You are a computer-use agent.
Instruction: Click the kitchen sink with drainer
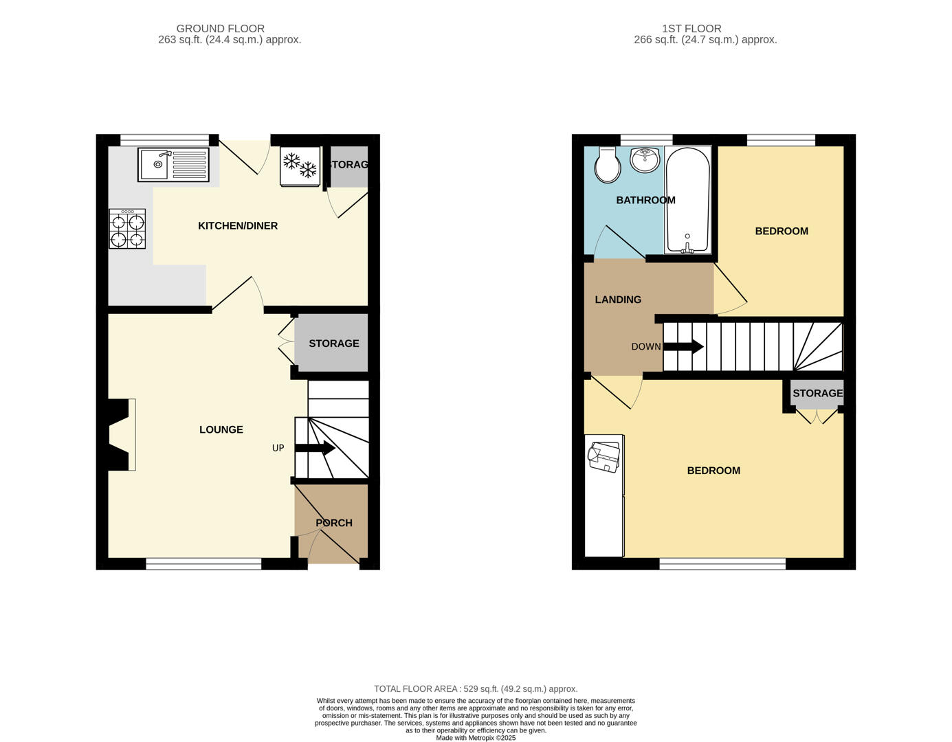tap(173, 165)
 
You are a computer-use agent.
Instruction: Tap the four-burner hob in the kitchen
tap(127, 229)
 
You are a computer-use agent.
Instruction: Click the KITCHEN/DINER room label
tap(238, 226)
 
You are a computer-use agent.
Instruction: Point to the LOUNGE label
tap(221, 430)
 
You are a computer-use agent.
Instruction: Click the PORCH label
tap(334, 524)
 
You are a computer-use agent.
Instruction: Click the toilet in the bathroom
tap(607, 164)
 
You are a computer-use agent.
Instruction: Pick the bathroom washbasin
tap(645, 160)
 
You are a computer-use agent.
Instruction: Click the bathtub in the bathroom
tap(687, 200)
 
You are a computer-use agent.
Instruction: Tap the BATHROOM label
tap(645, 201)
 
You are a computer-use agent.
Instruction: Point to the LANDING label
tap(618, 300)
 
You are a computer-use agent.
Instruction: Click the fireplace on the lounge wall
tap(120, 435)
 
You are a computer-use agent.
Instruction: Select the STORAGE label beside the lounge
tap(333, 344)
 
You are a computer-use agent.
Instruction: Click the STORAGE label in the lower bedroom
tap(817, 394)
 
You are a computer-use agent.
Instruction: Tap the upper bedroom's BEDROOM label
tap(782, 232)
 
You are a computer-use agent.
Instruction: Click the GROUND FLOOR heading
tap(221, 29)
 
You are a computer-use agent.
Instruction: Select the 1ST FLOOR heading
tap(691, 29)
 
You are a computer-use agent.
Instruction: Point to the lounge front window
tap(203, 564)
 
